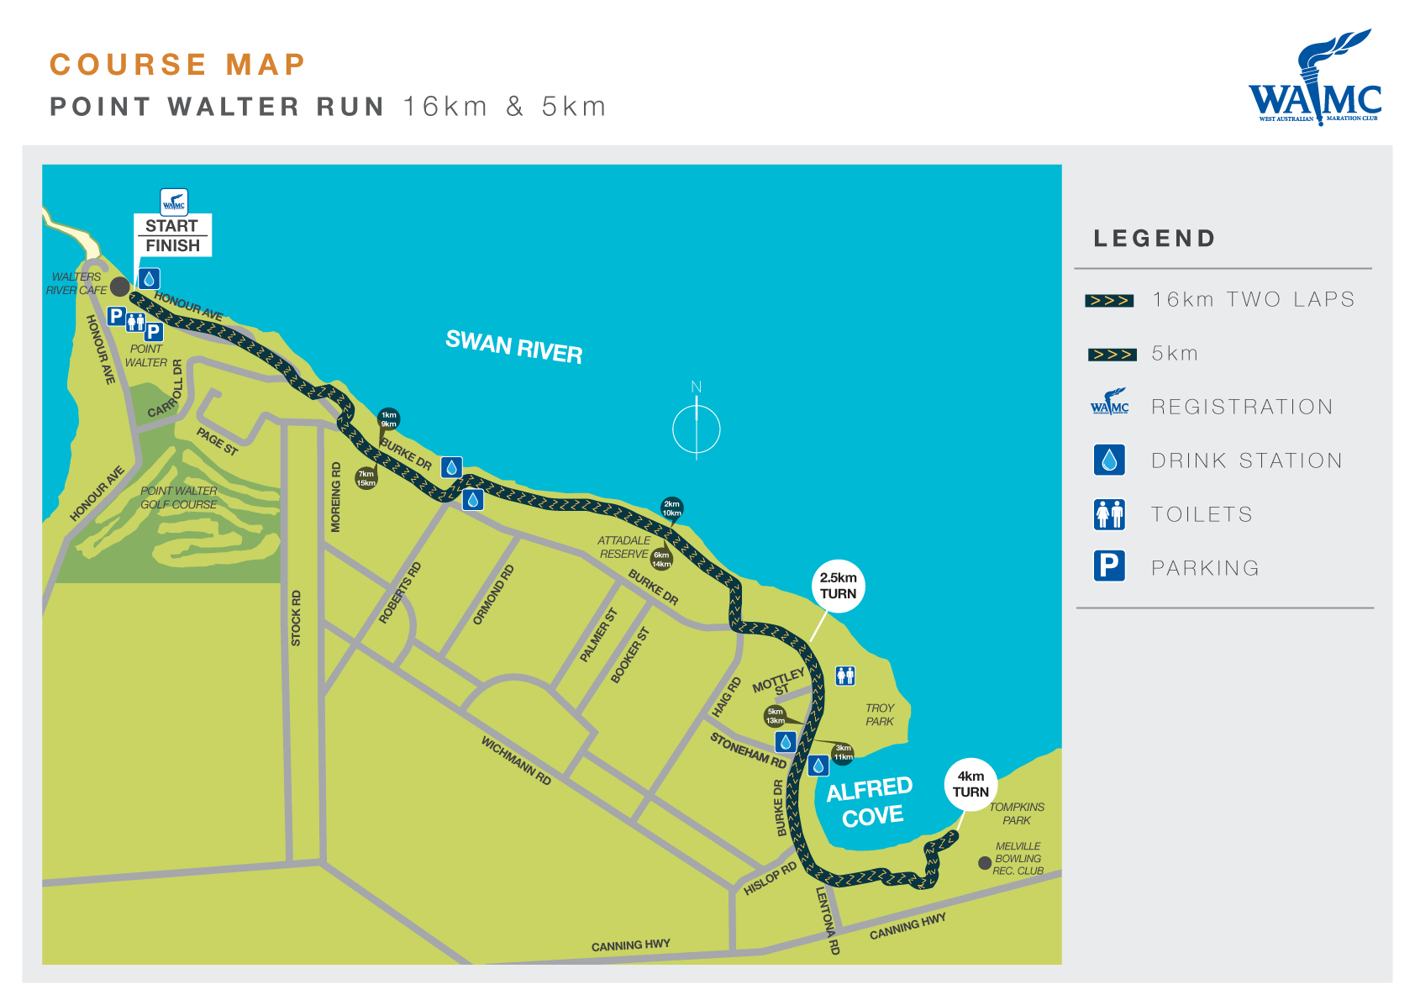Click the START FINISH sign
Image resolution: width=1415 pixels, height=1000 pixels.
(172, 235)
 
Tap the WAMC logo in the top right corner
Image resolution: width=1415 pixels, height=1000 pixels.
(1316, 80)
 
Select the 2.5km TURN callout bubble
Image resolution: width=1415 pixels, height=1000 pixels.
(838, 586)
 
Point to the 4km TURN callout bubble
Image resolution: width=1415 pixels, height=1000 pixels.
(971, 784)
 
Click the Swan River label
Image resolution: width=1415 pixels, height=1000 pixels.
(513, 346)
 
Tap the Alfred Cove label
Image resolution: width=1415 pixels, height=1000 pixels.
(871, 802)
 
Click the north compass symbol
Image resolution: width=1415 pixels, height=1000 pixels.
(697, 428)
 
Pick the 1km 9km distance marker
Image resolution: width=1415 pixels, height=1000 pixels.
(388, 418)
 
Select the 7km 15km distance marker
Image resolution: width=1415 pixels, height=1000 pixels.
(366, 478)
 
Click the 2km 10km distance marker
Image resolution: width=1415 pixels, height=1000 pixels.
(671, 508)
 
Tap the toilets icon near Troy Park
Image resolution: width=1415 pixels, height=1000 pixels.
(845, 675)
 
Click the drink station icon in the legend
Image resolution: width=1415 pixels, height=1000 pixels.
(1109, 461)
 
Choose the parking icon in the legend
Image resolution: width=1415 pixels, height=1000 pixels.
(1109, 566)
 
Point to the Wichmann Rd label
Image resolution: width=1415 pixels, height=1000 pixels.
(516, 761)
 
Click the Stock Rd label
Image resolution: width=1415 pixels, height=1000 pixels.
(296, 618)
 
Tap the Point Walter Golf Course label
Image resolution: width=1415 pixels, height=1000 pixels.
(178, 497)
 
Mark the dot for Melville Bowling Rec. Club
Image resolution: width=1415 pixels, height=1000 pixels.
(985, 863)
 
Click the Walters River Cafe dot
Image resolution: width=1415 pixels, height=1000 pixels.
(120, 287)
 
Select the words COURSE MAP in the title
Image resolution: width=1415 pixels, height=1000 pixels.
(177, 65)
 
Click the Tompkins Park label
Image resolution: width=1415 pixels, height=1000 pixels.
(1017, 813)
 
